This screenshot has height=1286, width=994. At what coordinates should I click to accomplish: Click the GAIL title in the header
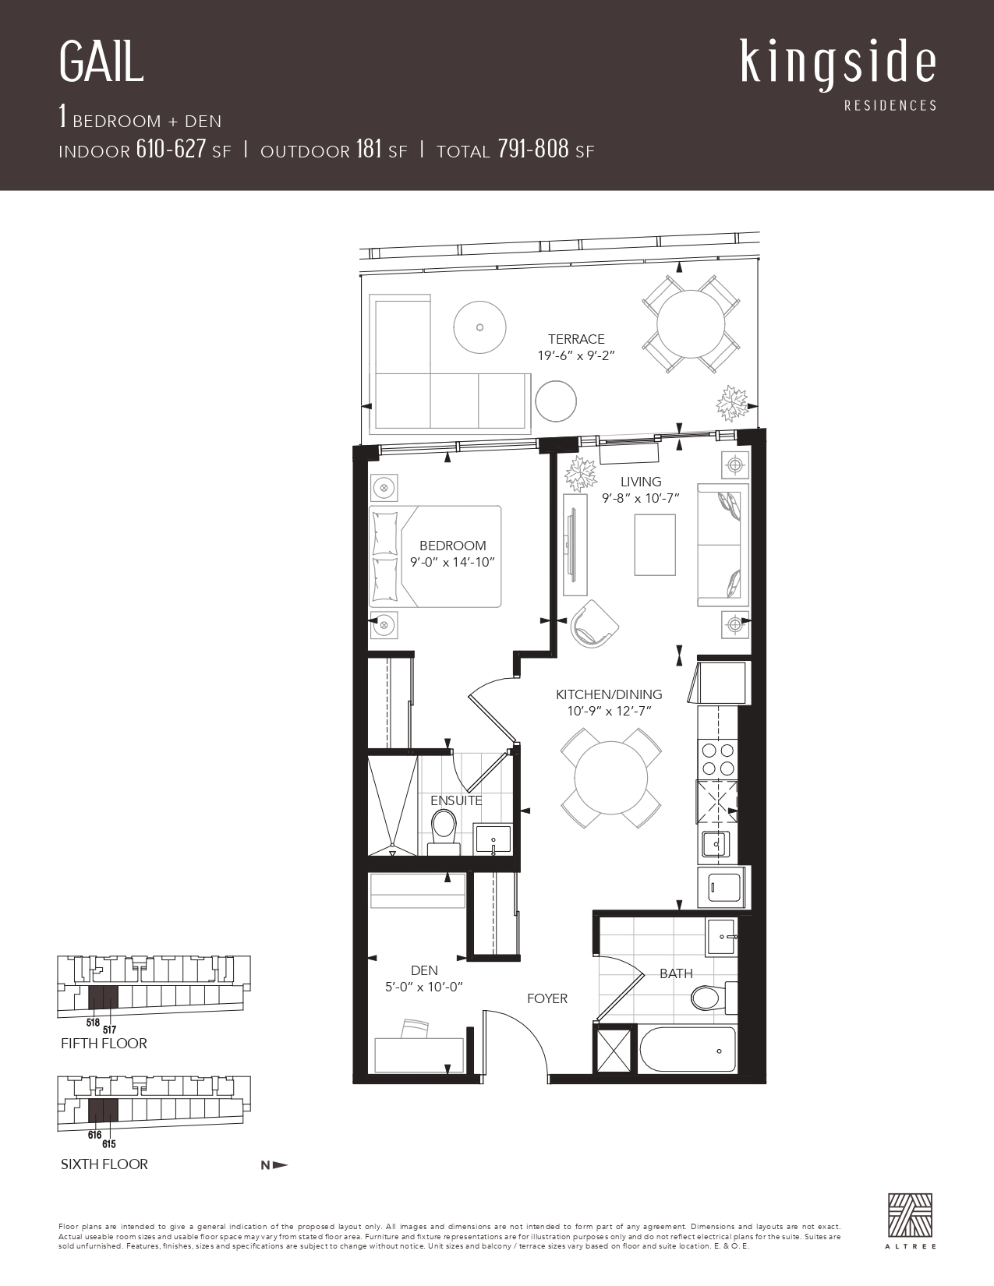(x=101, y=62)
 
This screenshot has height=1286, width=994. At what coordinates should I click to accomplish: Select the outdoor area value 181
(x=368, y=149)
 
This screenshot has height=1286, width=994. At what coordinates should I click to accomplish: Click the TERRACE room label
(x=576, y=339)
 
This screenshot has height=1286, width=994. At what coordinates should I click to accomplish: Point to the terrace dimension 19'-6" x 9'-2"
(x=576, y=355)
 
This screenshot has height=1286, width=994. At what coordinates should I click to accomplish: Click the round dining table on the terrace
(x=691, y=323)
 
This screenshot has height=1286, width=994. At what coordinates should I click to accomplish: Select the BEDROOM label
(x=452, y=546)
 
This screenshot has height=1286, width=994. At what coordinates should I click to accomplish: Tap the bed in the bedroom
(x=435, y=556)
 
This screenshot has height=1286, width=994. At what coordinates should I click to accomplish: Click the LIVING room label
(x=641, y=482)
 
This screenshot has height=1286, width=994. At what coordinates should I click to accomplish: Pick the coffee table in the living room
(x=655, y=545)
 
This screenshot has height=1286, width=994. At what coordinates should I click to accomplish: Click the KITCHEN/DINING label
(x=609, y=694)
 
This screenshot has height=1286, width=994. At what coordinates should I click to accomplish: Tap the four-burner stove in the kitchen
(x=717, y=760)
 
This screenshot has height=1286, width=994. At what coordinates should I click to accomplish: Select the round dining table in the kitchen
(x=610, y=779)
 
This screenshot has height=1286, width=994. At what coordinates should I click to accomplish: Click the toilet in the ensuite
(x=444, y=832)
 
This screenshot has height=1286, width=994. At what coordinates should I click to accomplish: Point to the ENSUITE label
(x=456, y=800)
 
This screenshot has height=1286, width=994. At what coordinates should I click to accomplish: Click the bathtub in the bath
(x=688, y=1049)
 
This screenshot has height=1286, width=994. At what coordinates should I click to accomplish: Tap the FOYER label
(x=547, y=998)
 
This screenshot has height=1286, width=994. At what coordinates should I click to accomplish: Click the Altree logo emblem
(x=911, y=1214)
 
